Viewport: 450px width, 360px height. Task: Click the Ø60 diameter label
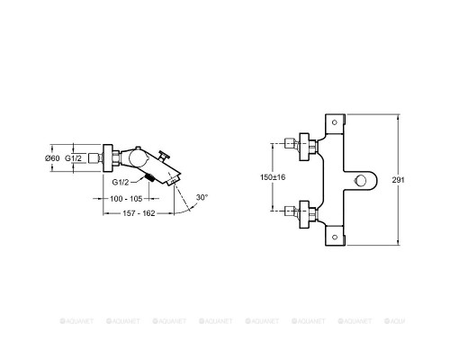52,158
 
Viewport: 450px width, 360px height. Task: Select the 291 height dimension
398,180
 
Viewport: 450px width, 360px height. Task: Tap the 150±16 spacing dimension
273,177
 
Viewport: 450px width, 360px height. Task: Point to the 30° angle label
202,197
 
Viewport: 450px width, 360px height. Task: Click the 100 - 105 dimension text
126,199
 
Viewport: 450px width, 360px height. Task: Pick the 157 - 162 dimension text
139,213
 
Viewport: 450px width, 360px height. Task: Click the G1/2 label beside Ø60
73,158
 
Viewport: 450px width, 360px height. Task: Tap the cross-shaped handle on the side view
164,157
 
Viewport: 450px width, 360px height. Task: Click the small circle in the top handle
335,122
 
